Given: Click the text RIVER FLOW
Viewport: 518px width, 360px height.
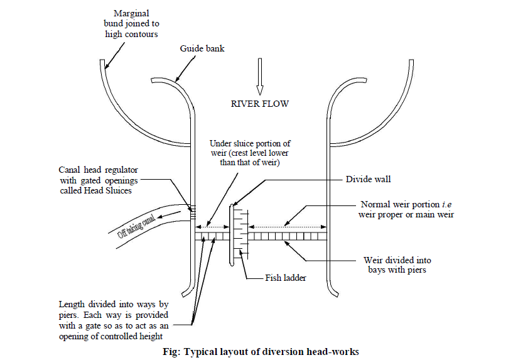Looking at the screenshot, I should click(259, 104).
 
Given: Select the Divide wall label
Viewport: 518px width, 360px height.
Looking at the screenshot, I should click(368, 179).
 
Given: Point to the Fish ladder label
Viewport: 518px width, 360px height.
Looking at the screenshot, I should click(285, 277).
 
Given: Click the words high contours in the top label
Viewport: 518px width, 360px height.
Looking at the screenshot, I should click(132, 34).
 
